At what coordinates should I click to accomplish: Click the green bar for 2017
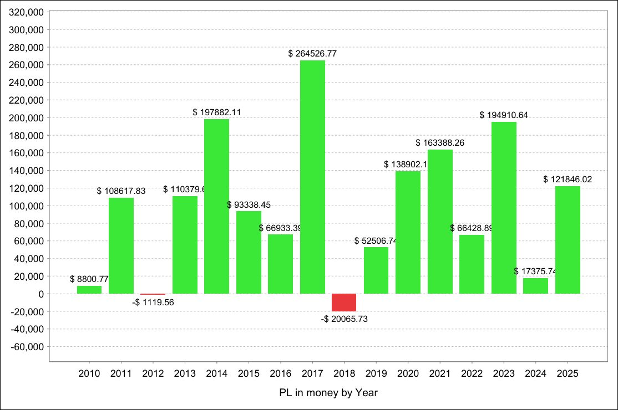click(x=312, y=177)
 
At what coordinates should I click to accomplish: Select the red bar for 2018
click(x=344, y=303)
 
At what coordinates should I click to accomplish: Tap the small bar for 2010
click(x=89, y=290)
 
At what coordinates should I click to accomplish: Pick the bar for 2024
click(x=535, y=286)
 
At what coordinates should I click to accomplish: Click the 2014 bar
click(x=216, y=206)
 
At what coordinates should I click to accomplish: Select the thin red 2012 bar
click(x=153, y=294)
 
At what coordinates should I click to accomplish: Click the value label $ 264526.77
click(x=312, y=54)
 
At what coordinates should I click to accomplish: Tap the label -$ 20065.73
click(x=344, y=319)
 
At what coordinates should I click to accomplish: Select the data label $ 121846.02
click(x=568, y=180)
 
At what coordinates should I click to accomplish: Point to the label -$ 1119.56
click(x=153, y=303)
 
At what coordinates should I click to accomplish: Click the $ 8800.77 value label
click(x=89, y=279)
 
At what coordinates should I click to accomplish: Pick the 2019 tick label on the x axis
click(x=376, y=374)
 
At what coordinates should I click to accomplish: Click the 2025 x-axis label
click(x=568, y=374)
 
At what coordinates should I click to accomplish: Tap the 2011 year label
click(x=121, y=374)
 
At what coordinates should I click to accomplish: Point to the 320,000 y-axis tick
click(x=27, y=12)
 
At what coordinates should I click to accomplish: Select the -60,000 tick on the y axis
click(x=27, y=347)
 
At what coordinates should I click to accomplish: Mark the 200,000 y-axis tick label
click(x=27, y=118)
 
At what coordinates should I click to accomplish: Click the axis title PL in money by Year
click(x=328, y=393)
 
